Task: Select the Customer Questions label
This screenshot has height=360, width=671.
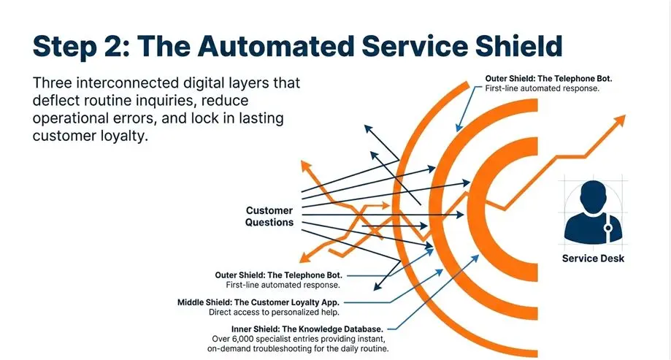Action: pos(269,217)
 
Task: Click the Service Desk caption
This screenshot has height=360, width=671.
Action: pos(593,258)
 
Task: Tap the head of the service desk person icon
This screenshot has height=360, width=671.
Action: pos(594,198)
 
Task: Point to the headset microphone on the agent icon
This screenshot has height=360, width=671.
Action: pos(607,229)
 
